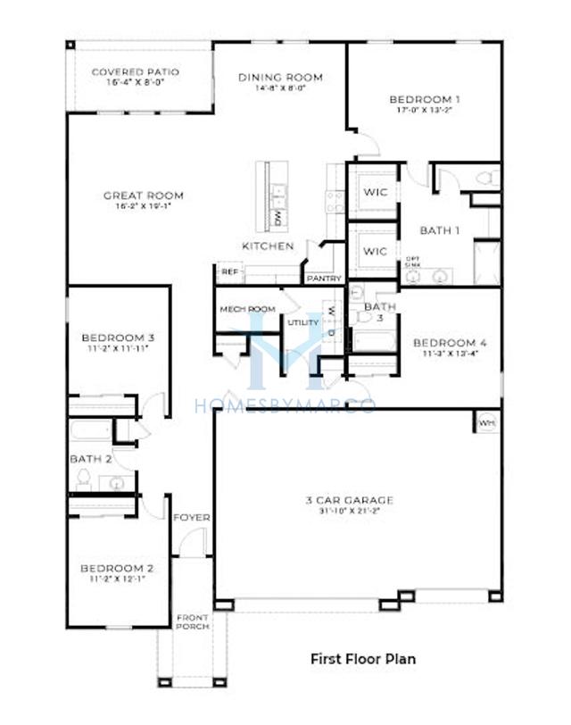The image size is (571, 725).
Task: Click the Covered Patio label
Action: [x=136, y=72]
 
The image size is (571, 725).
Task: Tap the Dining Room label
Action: [x=280, y=78]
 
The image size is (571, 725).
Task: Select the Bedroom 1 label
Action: [x=425, y=99]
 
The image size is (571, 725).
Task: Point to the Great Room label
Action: [x=143, y=196]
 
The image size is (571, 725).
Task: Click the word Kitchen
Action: [x=268, y=246]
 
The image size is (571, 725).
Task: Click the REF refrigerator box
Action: [x=229, y=271]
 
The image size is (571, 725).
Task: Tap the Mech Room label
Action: [x=247, y=310]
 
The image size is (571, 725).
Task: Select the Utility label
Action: [x=303, y=322]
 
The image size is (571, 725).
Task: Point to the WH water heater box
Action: [x=486, y=422]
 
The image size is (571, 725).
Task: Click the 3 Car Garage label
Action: [x=356, y=501]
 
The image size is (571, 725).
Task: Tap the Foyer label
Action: [x=191, y=518]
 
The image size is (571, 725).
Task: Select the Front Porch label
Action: [x=192, y=622]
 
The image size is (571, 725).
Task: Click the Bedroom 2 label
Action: [x=117, y=569]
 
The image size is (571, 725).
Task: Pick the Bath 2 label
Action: [x=90, y=459]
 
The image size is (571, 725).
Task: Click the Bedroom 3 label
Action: [x=118, y=338]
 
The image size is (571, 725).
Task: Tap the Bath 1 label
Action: [x=440, y=230]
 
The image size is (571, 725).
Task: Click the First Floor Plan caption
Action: [x=362, y=660]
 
